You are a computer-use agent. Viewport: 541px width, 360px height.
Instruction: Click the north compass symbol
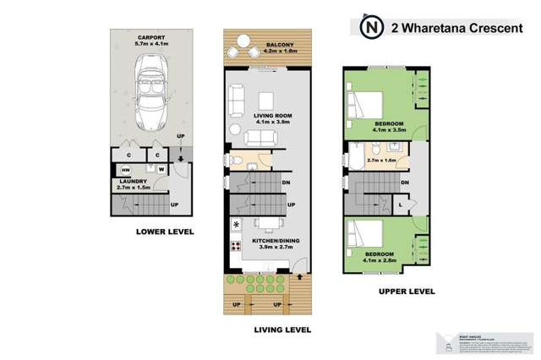tap(369, 26)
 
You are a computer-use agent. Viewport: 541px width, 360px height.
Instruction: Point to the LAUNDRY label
tap(133, 181)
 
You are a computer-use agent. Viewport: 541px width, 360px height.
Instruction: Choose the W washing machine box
tap(160, 168)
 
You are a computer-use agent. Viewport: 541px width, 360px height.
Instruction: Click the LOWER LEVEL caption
tap(165, 231)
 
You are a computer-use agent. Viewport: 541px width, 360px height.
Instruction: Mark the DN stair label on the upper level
tap(405, 183)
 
